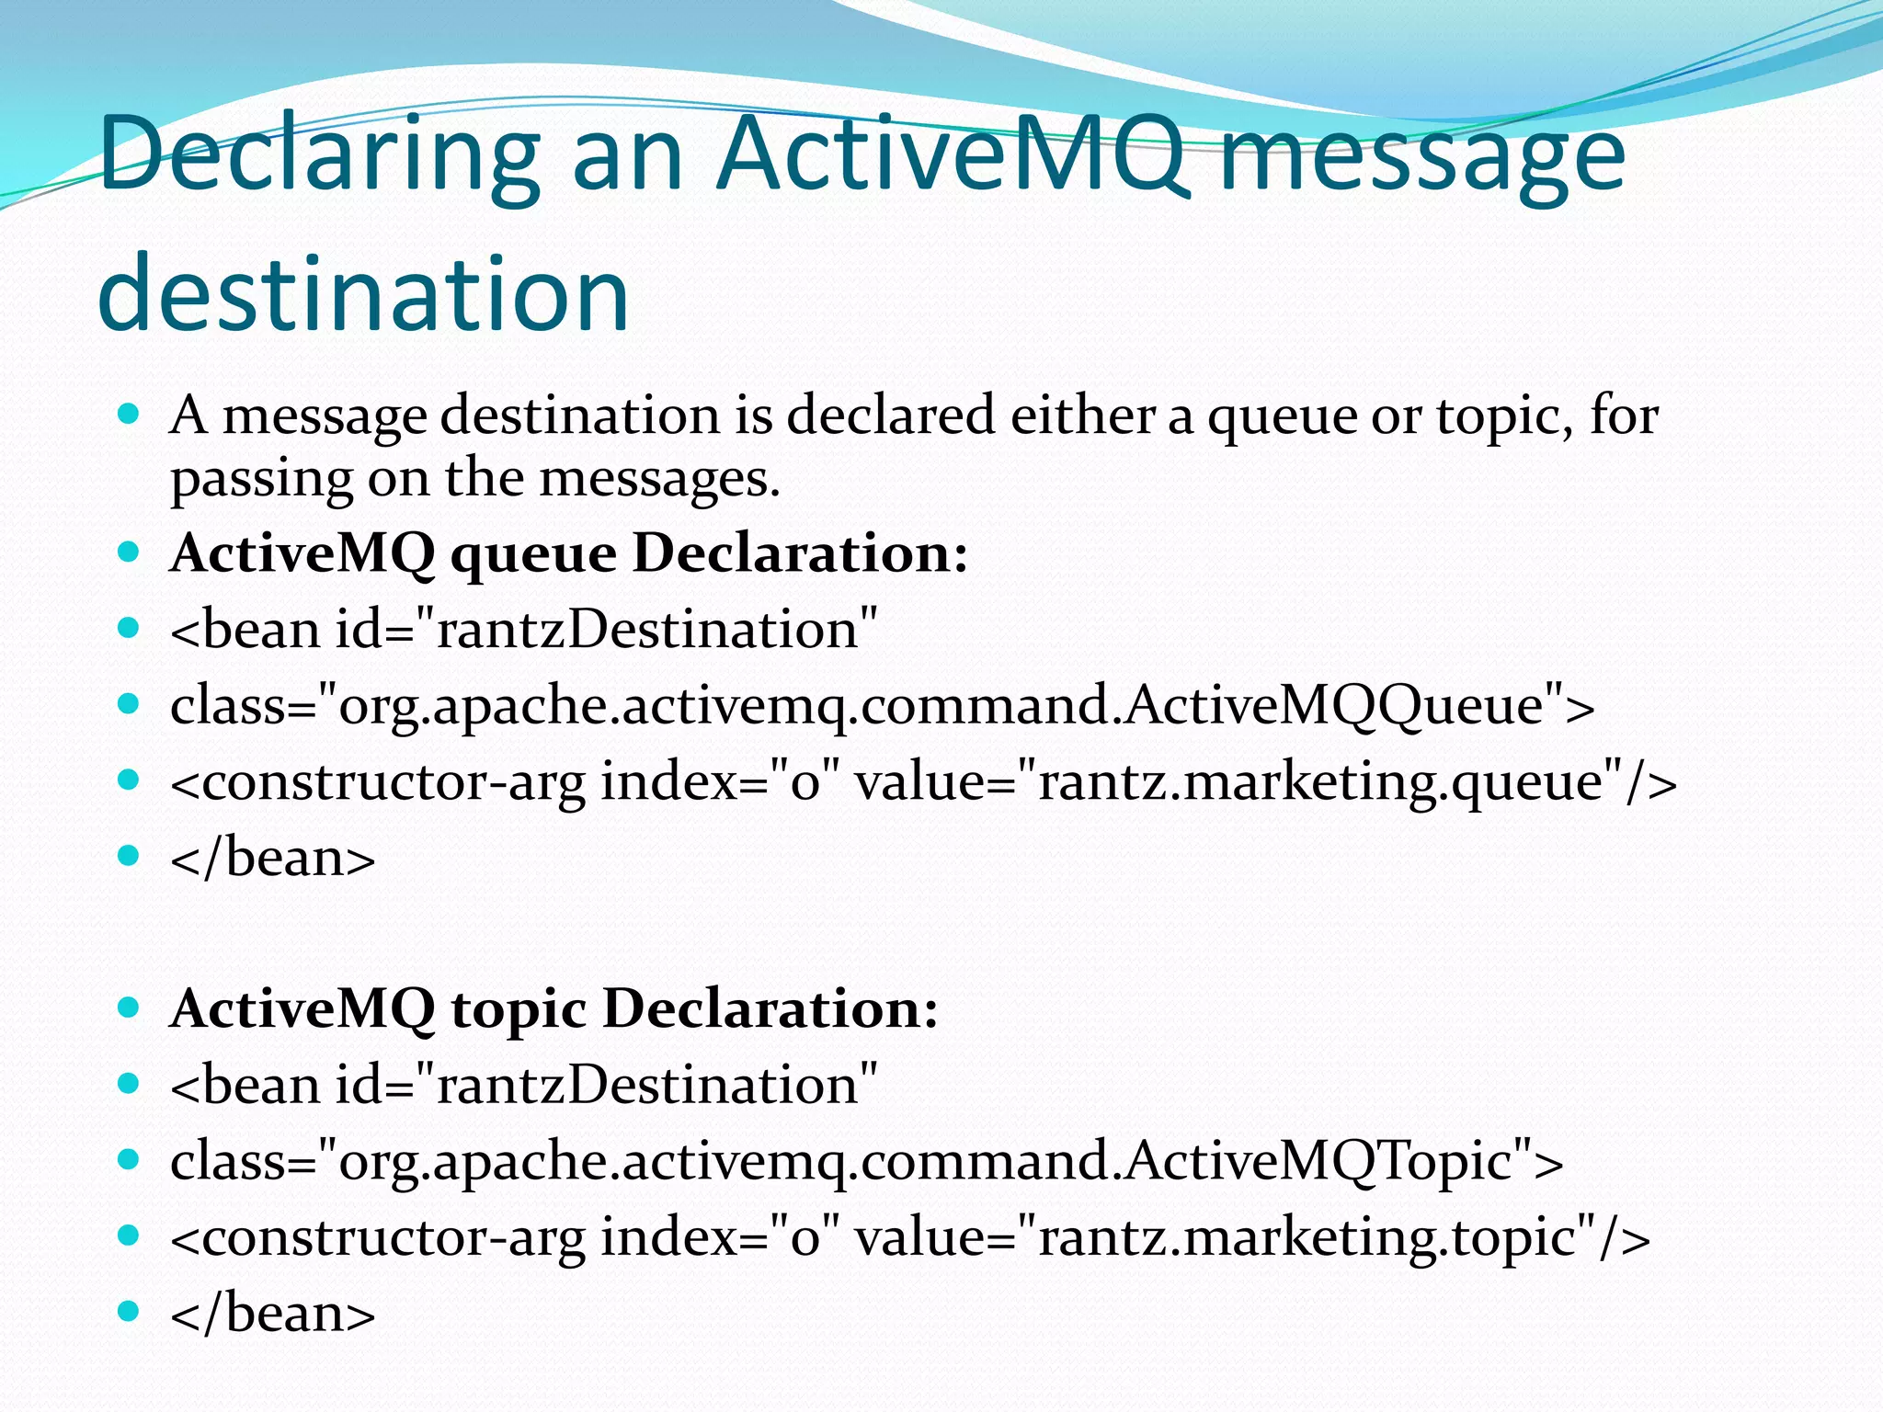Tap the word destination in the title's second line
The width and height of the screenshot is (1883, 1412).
point(363,292)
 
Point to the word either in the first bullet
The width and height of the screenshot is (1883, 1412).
point(1082,415)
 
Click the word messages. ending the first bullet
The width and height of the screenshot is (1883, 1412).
point(659,478)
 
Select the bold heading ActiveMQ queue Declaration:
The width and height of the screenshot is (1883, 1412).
point(568,553)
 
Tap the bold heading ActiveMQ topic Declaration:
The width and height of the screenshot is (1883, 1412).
point(553,1008)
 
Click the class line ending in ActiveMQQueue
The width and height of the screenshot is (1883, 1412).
point(882,706)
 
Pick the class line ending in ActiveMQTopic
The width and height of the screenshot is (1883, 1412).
point(866,1161)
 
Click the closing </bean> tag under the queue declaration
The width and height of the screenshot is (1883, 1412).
point(273,858)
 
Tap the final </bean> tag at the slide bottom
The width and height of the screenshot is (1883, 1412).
point(273,1313)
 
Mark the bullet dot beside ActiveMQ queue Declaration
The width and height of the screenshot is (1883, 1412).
point(129,552)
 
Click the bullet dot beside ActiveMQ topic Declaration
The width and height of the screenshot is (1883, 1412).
point(129,1008)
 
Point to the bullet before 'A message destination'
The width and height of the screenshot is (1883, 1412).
point(129,414)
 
